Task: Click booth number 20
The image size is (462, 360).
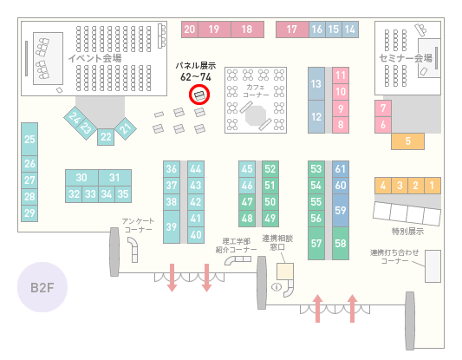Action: click(190, 29)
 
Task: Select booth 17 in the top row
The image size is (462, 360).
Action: click(292, 29)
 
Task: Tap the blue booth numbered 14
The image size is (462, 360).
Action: click(350, 29)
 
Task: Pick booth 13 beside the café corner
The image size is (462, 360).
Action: click(316, 84)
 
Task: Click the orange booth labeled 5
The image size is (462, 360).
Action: click(407, 141)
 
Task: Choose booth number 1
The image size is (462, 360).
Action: click(433, 186)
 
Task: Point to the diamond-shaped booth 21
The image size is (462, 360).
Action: click(125, 128)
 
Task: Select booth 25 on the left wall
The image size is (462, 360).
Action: click(29, 139)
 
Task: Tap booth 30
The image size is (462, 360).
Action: click(81, 178)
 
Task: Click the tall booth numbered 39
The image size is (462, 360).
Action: click(172, 226)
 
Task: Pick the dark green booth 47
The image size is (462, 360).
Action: click(247, 202)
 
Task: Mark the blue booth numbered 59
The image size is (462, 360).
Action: click(341, 210)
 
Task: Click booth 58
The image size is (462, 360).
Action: click(341, 243)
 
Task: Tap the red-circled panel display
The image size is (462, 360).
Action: click(199, 95)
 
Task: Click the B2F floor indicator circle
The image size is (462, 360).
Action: click(42, 287)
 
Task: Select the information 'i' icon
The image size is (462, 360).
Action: click(277, 286)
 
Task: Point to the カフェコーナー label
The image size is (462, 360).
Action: click(256, 91)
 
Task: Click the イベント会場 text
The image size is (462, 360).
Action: click(94, 58)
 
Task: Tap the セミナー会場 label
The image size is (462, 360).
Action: click(406, 58)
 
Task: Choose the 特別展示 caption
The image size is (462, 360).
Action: click(407, 231)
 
